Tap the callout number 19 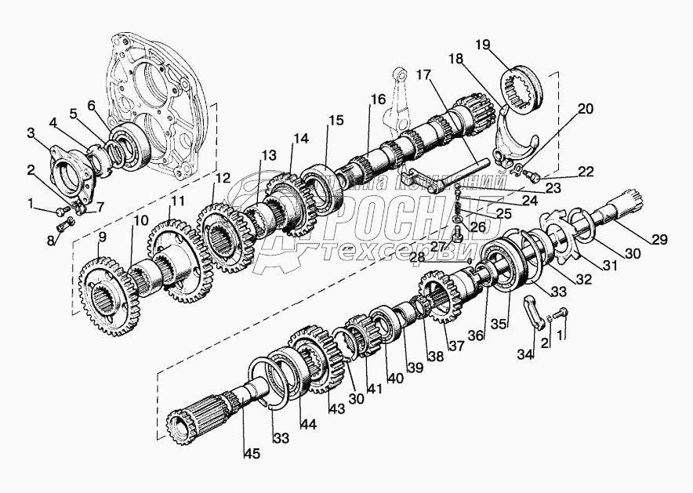click(483, 45)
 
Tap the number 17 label click(423, 76)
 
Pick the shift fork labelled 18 click(513, 137)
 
